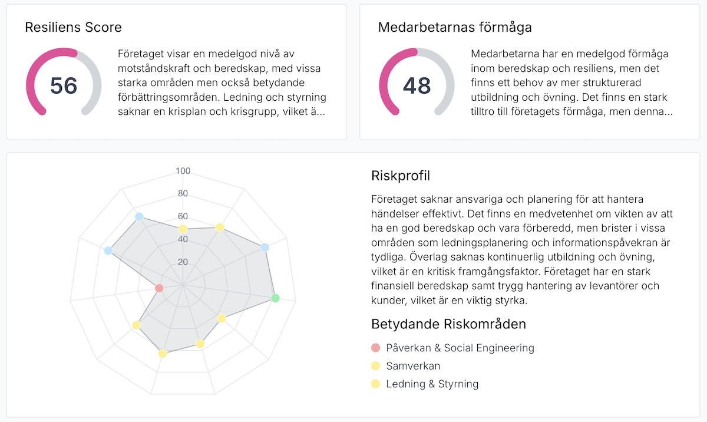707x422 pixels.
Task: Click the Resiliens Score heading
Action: point(73,27)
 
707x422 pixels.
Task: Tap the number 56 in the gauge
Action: point(64,86)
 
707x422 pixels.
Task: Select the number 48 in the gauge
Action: point(417,86)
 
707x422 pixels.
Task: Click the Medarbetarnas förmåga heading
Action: point(455,27)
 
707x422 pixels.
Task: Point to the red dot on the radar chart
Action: point(158,288)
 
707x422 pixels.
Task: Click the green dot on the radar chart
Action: point(275,298)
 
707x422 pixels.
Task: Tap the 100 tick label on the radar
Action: point(183,172)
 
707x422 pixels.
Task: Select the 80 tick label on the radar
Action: point(183,194)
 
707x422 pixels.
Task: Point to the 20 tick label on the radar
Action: point(183,262)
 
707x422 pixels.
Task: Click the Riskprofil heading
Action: point(401,176)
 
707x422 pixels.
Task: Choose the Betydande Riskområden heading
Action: point(448,324)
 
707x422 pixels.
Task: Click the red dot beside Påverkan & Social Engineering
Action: point(376,348)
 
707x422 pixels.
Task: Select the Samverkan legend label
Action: point(413,366)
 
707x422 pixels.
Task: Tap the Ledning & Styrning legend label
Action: point(432,384)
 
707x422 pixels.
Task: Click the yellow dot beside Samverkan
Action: point(376,366)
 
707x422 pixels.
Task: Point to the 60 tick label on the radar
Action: point(183,216)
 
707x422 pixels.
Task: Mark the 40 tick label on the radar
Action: point(183,239)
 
